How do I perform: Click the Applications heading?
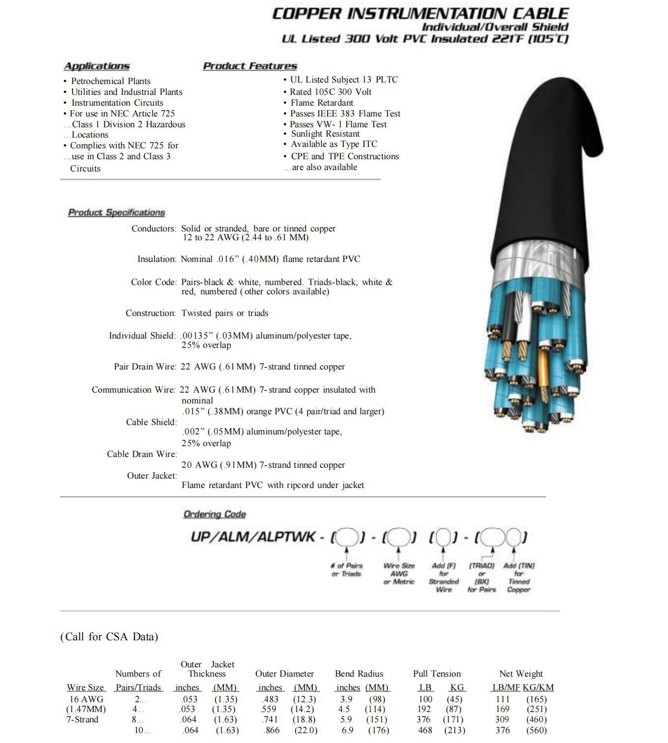tap(97, 66)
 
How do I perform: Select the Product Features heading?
tap(250, 66)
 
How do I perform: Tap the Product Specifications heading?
tap(116, 212)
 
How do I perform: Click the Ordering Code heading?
tap(214, 514)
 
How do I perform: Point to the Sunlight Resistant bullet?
tap(325, 134)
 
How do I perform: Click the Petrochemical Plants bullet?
tap(111, 81)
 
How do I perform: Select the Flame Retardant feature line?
tap(321, 103)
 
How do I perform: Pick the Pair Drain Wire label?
tap(144, 367)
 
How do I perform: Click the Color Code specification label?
tap(153, 282)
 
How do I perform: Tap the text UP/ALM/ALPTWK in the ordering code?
tap(253, 537)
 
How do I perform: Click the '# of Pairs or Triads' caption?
tap(347, 570)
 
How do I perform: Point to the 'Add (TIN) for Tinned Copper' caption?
tap(519, 577)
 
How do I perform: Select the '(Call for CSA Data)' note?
tap(109, 637)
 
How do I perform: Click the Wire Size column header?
tap(85, 687)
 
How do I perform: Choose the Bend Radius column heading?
tap(359, 674)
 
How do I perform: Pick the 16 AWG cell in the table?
tap(86, 699)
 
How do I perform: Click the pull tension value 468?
tap(425, 730)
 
